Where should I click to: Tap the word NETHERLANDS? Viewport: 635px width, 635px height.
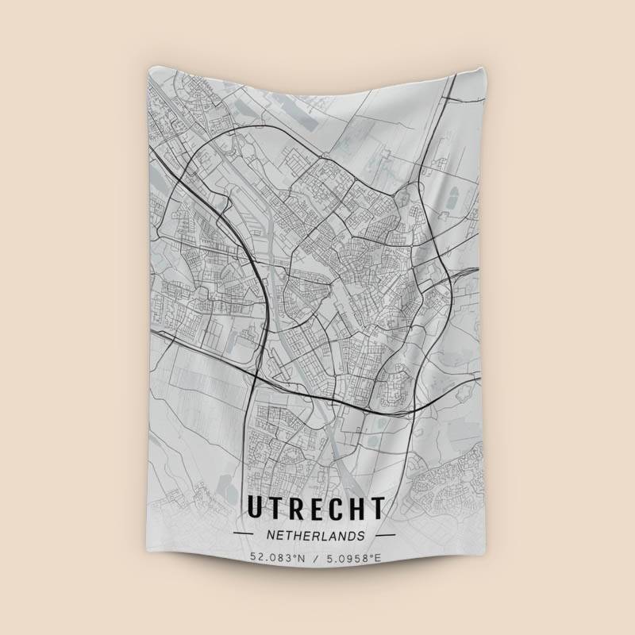316,535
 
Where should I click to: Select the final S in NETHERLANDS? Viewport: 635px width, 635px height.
363,535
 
